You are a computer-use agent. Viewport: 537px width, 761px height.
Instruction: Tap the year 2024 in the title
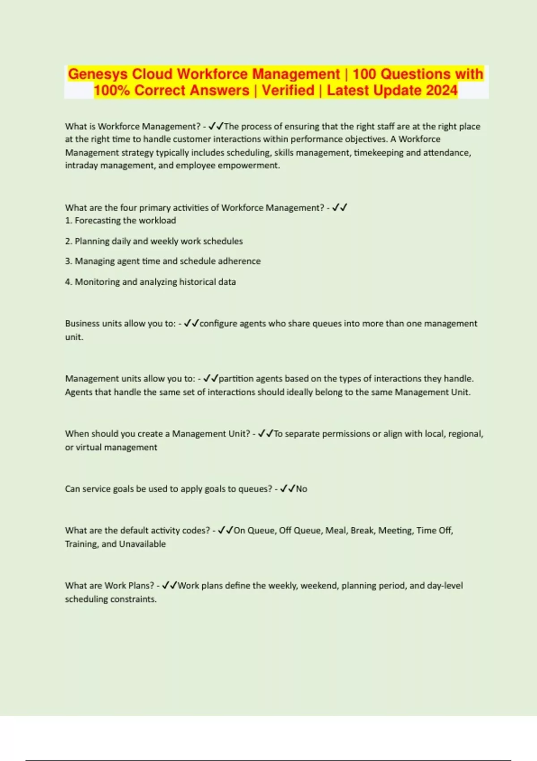point(442,90)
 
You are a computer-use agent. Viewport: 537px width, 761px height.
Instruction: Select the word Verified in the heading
point(288,90)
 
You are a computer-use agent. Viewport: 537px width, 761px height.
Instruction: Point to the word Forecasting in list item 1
point(98,221)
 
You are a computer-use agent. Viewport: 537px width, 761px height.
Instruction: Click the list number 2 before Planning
point(68,241)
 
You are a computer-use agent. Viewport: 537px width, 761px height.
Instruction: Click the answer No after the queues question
point(301,489)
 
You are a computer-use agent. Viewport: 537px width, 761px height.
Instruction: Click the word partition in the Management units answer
point(236,379)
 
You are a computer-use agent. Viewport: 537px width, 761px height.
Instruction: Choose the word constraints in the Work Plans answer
point(133,599)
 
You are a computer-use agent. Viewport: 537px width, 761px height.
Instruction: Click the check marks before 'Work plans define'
point(170,585)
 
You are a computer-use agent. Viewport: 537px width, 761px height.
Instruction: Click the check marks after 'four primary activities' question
point(340,207)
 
